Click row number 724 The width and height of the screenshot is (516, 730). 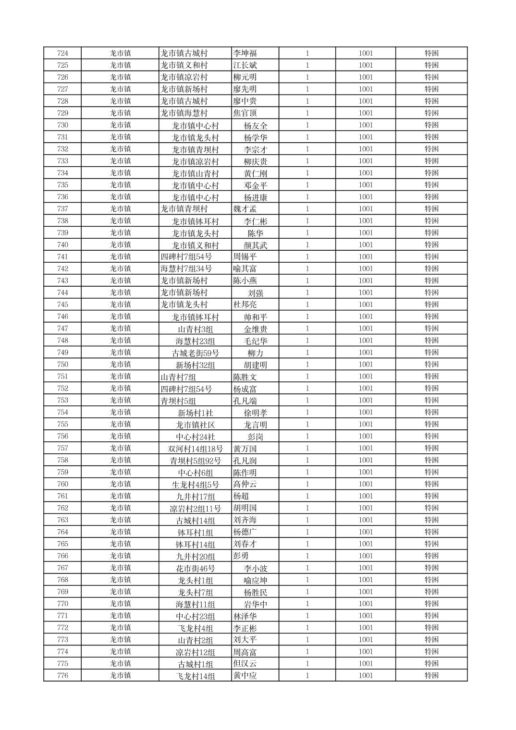click(x=62, y=53)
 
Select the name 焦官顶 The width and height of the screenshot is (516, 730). click(x=245, y=113)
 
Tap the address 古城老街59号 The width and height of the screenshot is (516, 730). click(x=195, y=353)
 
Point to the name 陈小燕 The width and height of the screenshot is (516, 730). click(x=245, y=281)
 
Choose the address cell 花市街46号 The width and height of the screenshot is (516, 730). click(x=195, y=569)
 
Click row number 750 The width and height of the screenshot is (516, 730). click(x=62, y=365)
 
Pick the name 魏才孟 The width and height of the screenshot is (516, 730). click(x=245, y=209)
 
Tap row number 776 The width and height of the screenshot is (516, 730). click(x=62, y=676)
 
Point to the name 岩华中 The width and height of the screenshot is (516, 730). click(x=255, y=604)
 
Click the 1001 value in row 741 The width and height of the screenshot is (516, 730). click(x=366, y=257)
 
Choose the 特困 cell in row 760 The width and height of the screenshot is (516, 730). click(x=431, y=484)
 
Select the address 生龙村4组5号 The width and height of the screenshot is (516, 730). click(x=195, y=485)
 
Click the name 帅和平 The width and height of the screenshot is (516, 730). click(x=255, y=317)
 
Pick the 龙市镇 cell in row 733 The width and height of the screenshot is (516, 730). click(x=120, y=161)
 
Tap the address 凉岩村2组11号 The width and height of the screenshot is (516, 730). click(x=195, y=509)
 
